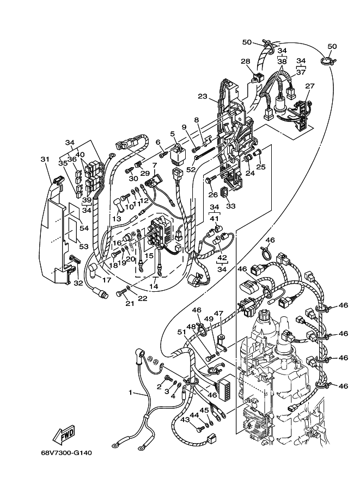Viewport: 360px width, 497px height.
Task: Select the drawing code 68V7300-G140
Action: [x=66, y=452]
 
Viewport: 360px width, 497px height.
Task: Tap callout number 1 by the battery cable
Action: [x=130, y=392]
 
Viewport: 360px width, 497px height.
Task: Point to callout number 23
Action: [x=203, y=97]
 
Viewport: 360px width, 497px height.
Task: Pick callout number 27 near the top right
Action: [x=310, y=86]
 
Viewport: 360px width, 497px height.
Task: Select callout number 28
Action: [x=246, y=61]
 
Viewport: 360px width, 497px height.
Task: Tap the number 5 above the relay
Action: [x=172, y=133]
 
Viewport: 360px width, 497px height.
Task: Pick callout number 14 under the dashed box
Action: [x=154, y=285]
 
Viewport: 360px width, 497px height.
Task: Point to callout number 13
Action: [x=116, y=218]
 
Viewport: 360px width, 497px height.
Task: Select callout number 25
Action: [x=261, y=167]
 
